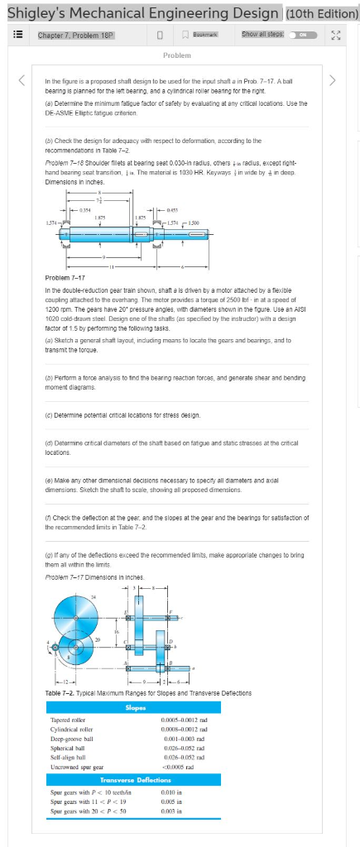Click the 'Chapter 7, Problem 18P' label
tap(75, 35)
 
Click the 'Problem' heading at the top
tap(178, 55)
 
